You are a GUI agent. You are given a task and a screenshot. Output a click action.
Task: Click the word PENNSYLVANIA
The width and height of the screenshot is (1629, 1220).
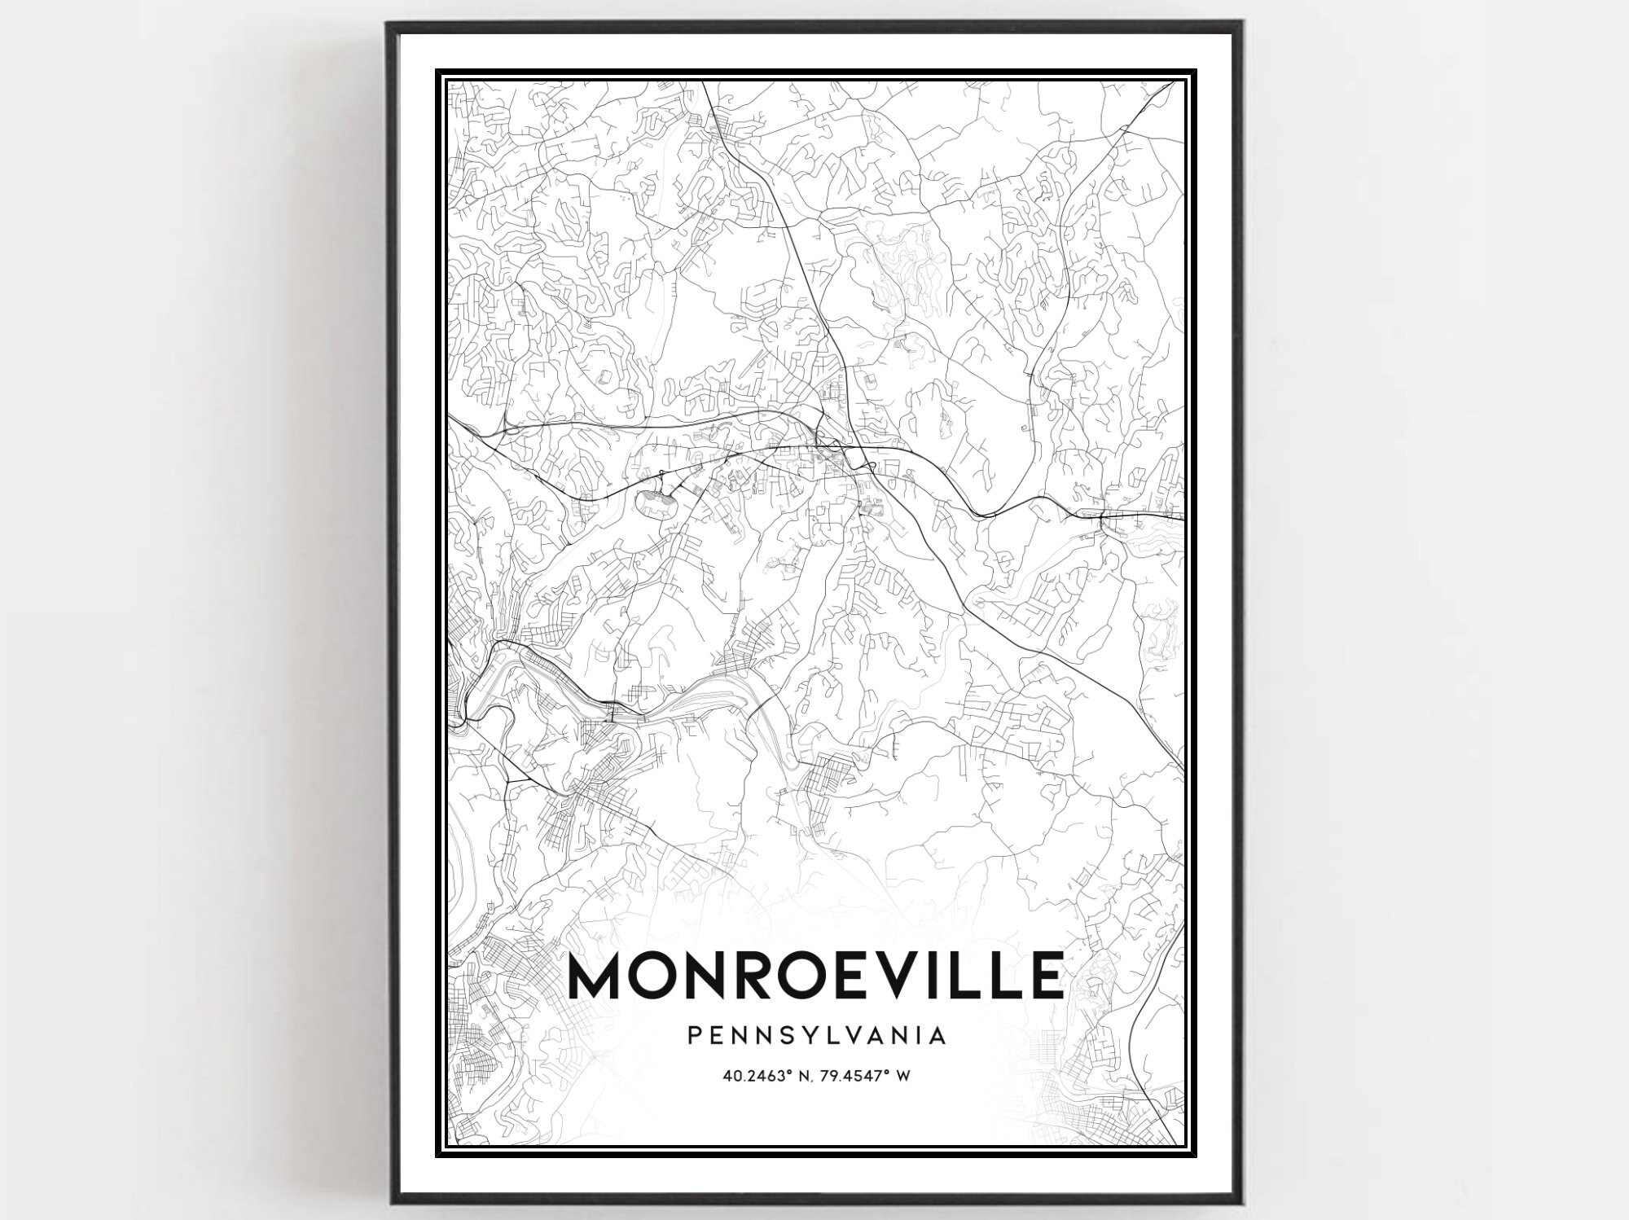click(x=817, y=1036)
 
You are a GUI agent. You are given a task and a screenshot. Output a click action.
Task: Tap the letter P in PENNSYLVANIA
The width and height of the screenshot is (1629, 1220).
click(x=695, y=1036)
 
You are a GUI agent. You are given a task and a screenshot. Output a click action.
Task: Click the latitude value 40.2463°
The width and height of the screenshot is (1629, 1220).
click(x=757, y=1077)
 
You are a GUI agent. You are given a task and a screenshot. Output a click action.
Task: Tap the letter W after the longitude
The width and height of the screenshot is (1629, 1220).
click(x=902, y=1077)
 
